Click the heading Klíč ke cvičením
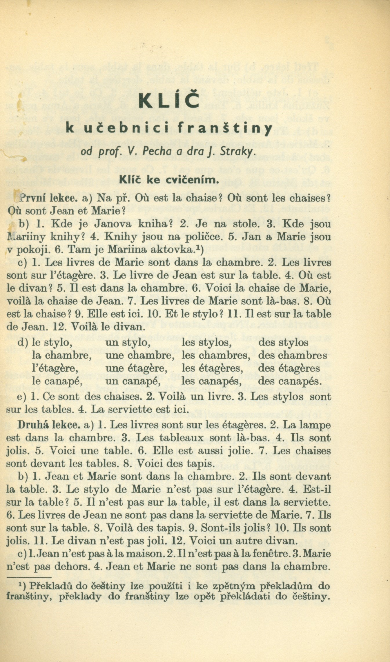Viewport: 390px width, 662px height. coord(168,180)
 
